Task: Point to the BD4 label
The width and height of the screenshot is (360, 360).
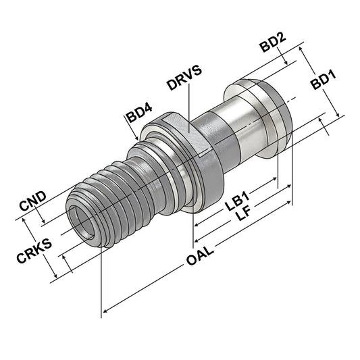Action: pyautogui.click(x=140, y=115)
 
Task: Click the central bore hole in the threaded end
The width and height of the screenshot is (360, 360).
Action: pyautogui.click(x=82, y=221)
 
